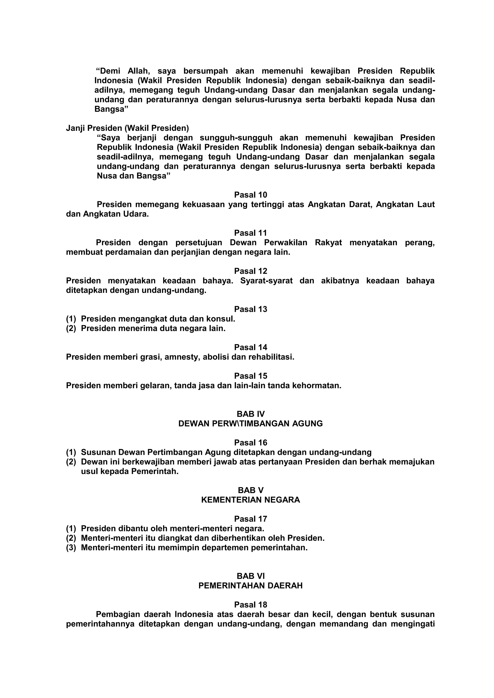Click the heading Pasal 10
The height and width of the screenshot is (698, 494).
pos(251,195)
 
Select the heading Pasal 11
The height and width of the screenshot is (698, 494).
pos(251,233)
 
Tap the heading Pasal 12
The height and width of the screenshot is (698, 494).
pos(251,271)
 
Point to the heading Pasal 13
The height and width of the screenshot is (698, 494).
pos(251,309)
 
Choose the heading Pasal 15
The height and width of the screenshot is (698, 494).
pos(251,376)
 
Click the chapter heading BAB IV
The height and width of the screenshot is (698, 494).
pos(251,414)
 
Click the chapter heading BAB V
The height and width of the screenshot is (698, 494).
pos(251,490)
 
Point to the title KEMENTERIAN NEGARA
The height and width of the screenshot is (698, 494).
pos(251,500)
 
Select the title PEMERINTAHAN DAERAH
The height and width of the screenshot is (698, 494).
pos(251,586)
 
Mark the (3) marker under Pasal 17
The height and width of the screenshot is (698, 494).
pos(71,547)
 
